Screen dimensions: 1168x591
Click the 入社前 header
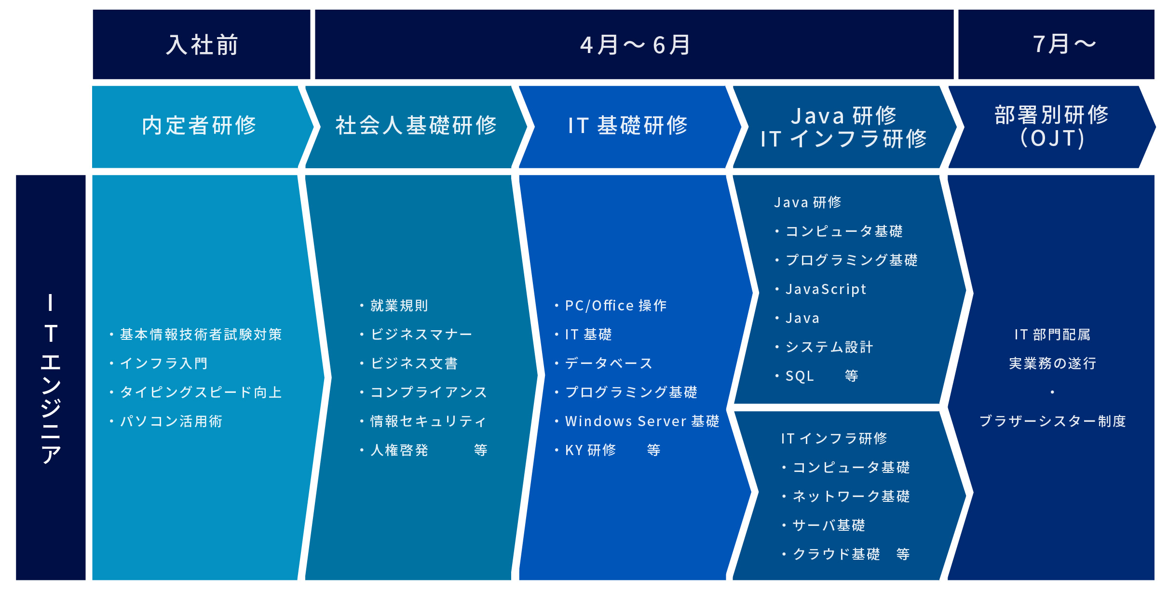(202, 45)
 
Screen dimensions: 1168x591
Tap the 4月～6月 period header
(635, 45)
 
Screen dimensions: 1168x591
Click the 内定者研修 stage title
(199, 125)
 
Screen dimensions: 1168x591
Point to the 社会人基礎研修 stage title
(416, 125)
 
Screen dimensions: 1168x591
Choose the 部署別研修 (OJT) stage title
(1052, 127)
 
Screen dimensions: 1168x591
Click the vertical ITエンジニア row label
(51, 378)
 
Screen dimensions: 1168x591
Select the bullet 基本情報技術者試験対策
(201, 335)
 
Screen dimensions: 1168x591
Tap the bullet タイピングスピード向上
(201, 392)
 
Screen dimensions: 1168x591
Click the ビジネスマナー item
(421, 335)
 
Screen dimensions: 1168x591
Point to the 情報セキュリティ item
(428, 421)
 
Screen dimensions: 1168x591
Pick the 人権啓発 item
(399, 450)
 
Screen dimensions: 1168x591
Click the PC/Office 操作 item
(616, 306)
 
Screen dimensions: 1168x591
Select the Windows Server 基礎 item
(642, 421)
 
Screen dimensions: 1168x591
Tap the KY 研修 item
(590, 450)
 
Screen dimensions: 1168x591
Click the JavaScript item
(826, 289)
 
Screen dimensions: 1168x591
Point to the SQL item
(800, 376)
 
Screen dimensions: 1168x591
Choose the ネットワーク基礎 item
(851, 497)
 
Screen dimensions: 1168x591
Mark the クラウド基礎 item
(836, 554)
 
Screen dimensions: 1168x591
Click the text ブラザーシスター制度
(1052, 421)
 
